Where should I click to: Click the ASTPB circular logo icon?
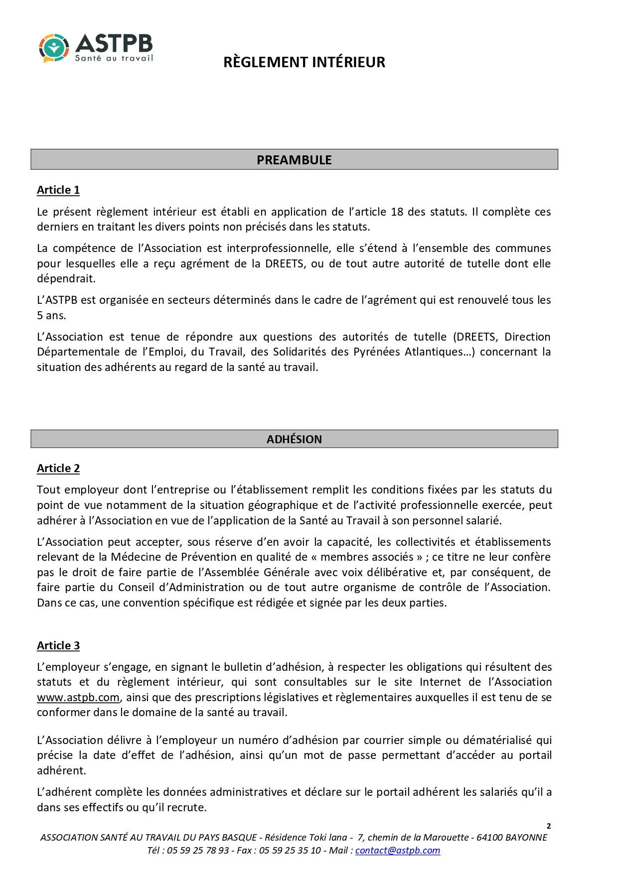[x=53, y=48]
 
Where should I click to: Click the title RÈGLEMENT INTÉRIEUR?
[x=304, y=62]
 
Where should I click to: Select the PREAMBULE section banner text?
[x=294, y=160]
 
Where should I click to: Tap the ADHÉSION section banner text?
[x=294, y=439]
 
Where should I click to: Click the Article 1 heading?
[x=58, y=190]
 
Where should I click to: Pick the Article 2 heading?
[x=58, y=468]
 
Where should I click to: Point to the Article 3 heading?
[x=58, y=645]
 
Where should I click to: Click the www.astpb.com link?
[x=78, y=697]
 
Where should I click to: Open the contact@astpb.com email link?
[x=398, y=850]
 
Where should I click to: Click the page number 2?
[x=549, y=826]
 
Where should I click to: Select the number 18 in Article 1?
[x=397, y=212]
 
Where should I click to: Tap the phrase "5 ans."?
[x=51, y=315]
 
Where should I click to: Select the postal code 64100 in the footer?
[x=489, y=837]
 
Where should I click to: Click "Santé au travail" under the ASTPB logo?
[x=114, y=58]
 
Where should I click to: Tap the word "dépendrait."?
[x=66, y=278]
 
